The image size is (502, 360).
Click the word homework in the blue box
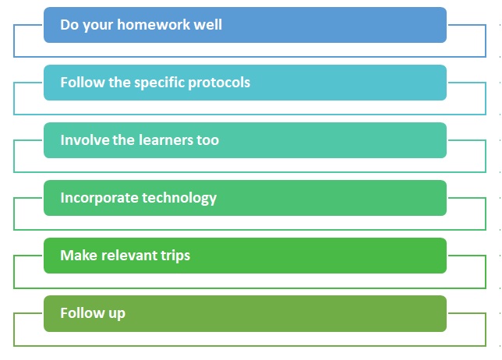[154, 25]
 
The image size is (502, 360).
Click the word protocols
[219, 83]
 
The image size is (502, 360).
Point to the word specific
[160, 83]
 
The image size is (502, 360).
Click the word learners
[166, 140]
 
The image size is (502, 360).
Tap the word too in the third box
[208, 140]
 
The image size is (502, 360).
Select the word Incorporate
[100, 198]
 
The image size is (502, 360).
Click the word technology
[179, 198]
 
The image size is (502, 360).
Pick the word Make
[79, 256]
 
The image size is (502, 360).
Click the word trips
[175, 256]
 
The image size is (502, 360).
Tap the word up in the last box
[117, 314]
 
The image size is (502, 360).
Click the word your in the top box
[97, 26]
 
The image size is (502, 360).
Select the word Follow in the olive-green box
[83, 312]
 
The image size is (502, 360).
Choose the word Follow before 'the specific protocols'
[83, 83]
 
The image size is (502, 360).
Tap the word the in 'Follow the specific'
[120, 83]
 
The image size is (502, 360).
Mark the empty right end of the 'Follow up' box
[416, 313]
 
